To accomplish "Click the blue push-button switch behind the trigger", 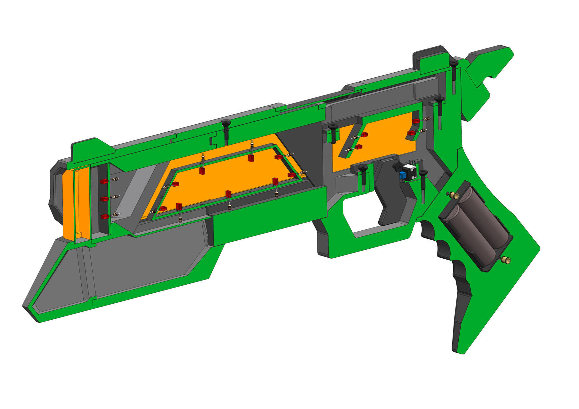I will [x=402, y=175].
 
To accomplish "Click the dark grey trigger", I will [x=391, y=193].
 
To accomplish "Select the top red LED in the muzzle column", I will [x=104, y=182].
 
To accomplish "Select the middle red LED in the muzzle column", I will [x=104, y=199].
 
